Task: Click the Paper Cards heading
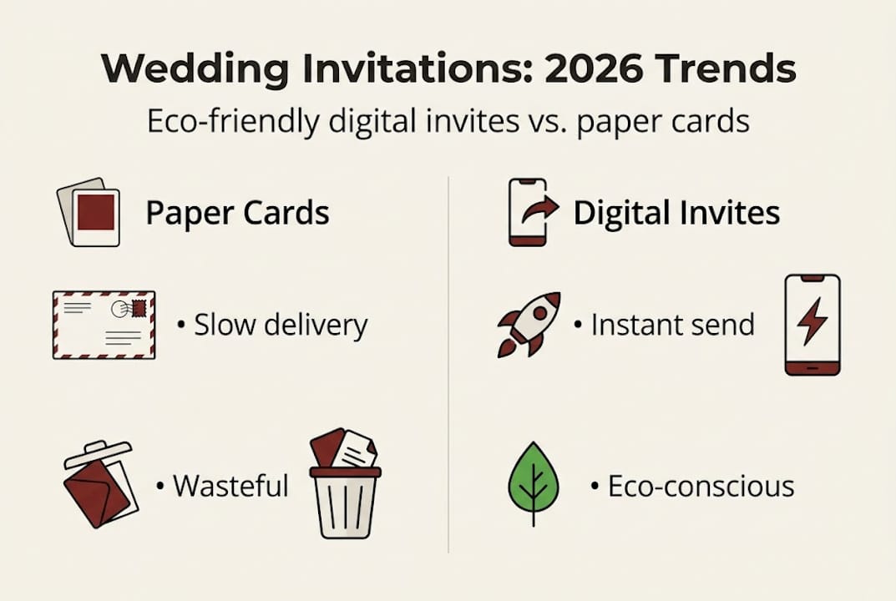click(237, 213)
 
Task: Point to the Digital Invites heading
click(676, 213)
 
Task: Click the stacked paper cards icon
click(89, 212)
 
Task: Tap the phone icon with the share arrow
click(531, 213)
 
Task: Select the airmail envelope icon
click(104, 325)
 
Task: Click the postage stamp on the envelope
click(139, 309)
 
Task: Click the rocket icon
click(529, 325)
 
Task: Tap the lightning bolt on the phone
click(812, 321)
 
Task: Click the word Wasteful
click(230, 486)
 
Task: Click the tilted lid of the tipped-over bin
click(98, 453)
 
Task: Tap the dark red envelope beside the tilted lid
click(97, 493)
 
